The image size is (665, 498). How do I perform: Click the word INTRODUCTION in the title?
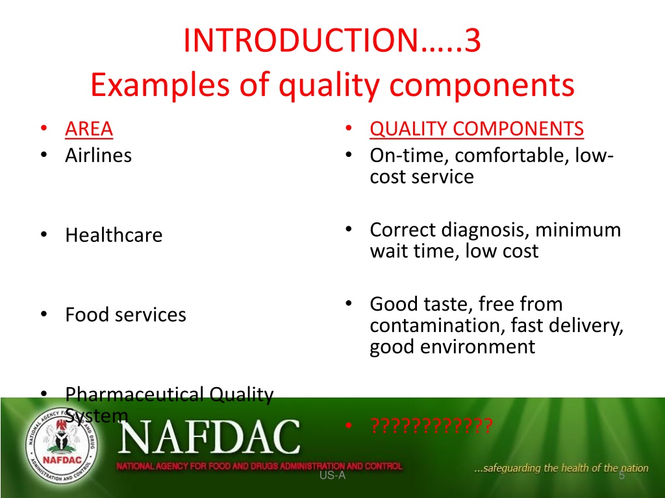click(x=301, y=40)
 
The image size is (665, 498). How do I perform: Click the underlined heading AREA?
click(x=89, y=129)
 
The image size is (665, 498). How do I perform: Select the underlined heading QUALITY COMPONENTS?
click(x=477, y=129)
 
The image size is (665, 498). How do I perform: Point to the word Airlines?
click(x=99, y=156)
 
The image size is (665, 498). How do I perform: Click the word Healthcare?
click(x=114, y=235)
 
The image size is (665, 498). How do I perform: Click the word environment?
click(x=478, y=347)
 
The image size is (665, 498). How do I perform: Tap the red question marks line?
click(x=431, y=425)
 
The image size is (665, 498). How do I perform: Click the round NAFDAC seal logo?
click(x=62, y=445)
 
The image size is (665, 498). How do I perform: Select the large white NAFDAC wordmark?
click(x=209, y=436)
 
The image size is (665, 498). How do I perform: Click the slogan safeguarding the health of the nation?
click(x=562, y=468)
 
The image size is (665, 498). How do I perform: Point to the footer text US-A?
click(x=332, y=475)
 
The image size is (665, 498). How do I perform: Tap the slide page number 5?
click(x=621, y=475)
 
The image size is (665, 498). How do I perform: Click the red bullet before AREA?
click(x=44, y=128)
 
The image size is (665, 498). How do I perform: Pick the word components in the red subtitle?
click(x=482, y=85)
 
